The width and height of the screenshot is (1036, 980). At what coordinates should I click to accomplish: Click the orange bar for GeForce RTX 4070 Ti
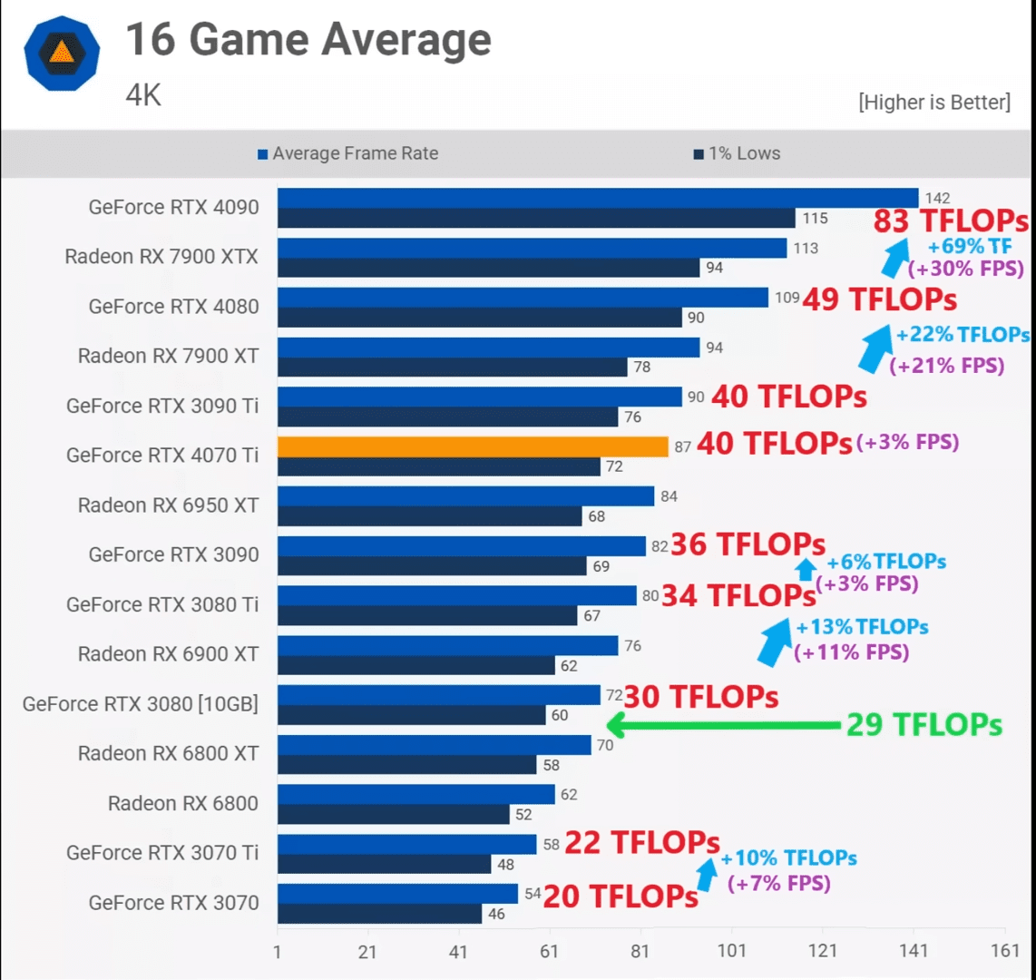(x=473, y=446)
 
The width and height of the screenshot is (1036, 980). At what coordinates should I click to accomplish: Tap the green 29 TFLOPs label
(x=924, y=725)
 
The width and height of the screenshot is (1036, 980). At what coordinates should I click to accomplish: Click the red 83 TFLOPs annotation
(x=950, y=221)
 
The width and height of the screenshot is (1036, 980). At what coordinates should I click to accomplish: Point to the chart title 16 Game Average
(x=308, y=40)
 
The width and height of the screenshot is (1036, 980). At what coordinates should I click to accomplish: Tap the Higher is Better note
(x=933, y=102)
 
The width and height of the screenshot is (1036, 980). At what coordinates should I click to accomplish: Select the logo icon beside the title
(x=62, y=53)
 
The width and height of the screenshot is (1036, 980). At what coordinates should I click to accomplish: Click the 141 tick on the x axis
(x=914, y=951)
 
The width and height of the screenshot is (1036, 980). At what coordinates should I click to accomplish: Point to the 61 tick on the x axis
(x=550, y=951)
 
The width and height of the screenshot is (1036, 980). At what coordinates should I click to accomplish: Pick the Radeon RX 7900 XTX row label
(x=161, y=257)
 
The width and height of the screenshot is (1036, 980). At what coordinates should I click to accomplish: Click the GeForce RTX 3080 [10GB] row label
(x=141, y=703)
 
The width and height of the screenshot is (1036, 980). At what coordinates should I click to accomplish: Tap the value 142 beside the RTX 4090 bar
(x=937, y=199)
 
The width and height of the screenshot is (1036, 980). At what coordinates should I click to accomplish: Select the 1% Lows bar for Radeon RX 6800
(x=393, y=814)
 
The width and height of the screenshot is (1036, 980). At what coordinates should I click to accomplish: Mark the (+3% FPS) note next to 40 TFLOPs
(x=907, y=442)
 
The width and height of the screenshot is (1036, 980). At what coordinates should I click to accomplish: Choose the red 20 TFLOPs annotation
(x=621, y=897)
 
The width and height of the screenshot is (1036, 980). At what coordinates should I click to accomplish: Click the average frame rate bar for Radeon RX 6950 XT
(x=465, y=496)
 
